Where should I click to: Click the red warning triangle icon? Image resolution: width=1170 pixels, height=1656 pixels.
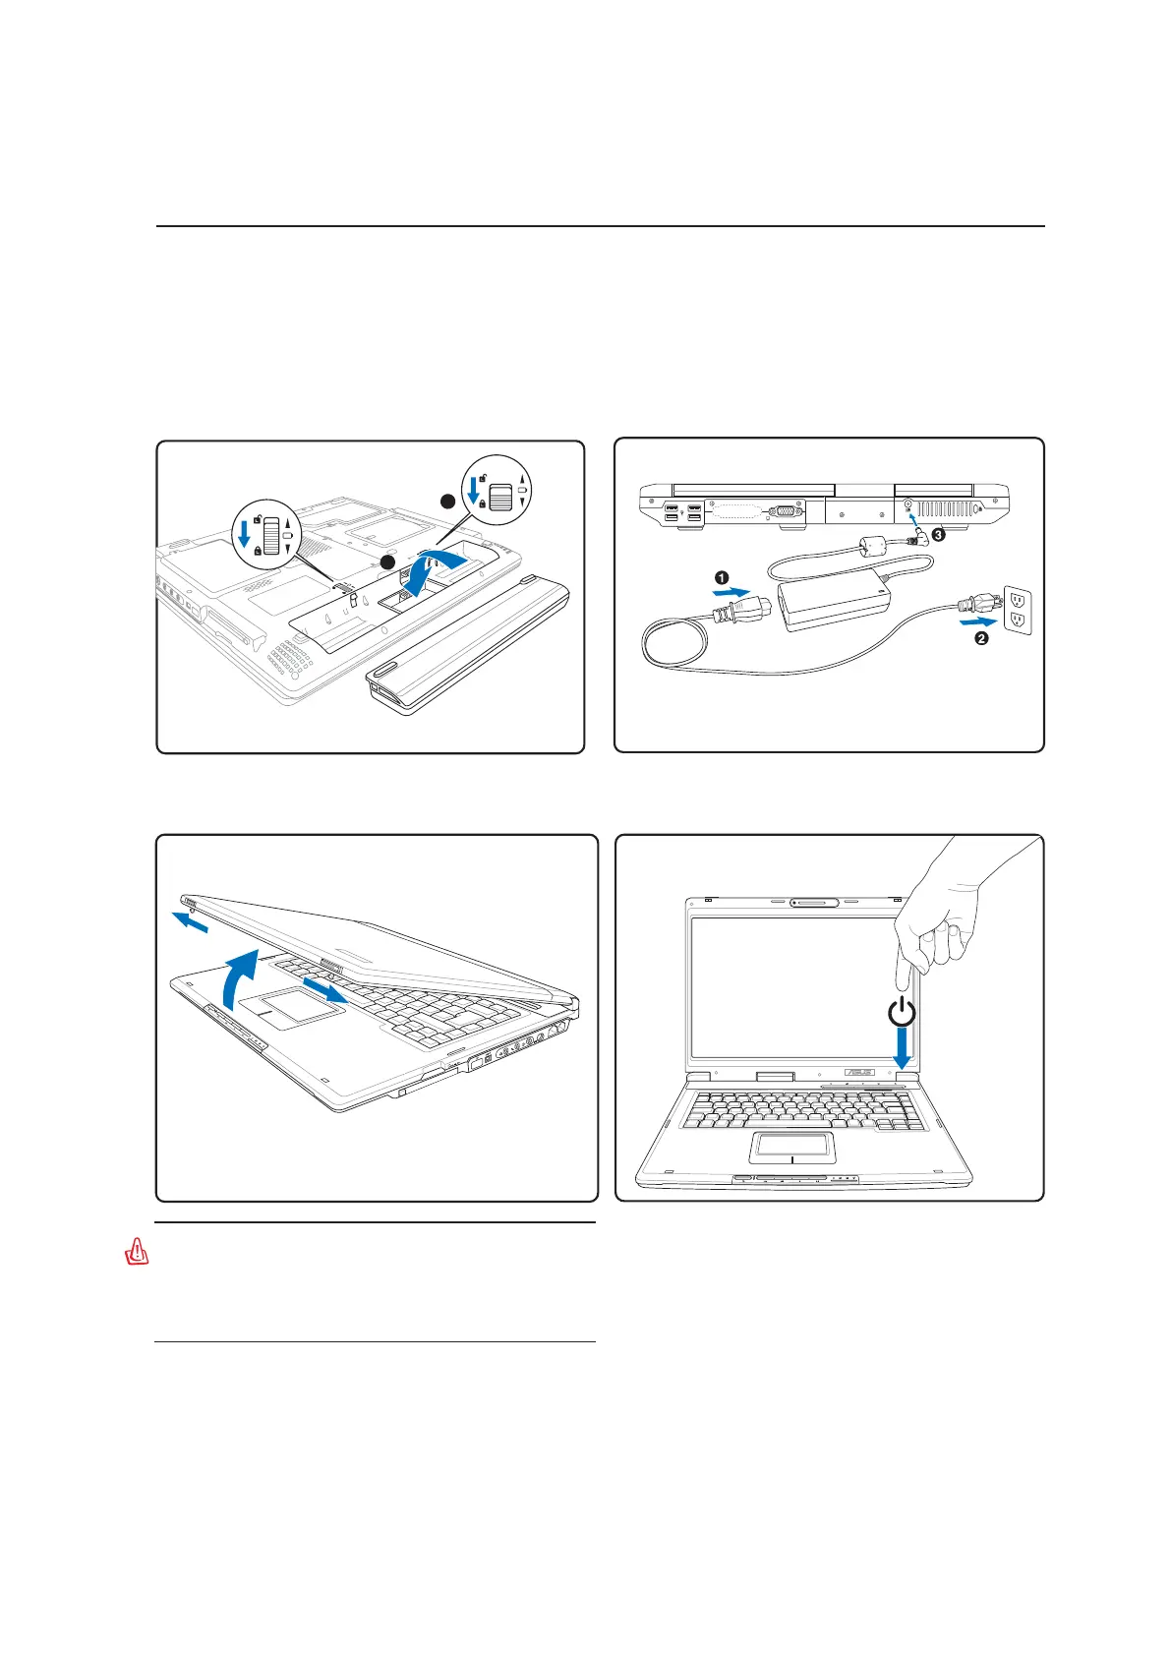pyautogui.click(x=137, y=1253)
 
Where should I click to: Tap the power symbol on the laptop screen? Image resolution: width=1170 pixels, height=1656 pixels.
pyautogui.click(x=901, y=1011)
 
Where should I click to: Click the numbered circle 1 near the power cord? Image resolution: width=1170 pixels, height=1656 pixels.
pyautogui.click(x=723, y=577)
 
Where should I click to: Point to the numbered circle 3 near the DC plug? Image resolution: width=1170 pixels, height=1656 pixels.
pyautogui.click(x=938, y=535)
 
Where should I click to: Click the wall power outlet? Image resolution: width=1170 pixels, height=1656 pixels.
pyautogui.click(x=1017, y=610)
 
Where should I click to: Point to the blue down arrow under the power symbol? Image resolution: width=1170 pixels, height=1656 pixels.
pyautogui.click(x=902, y=1049)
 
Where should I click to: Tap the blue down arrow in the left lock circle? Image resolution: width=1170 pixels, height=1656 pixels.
pyautogui.click(x=245, y=535)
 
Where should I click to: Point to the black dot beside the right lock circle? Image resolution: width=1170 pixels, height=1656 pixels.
pyautogui.click(x=448, y=501)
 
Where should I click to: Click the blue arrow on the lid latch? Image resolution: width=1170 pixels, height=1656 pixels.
pyautogui.click(x=324, y=990)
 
